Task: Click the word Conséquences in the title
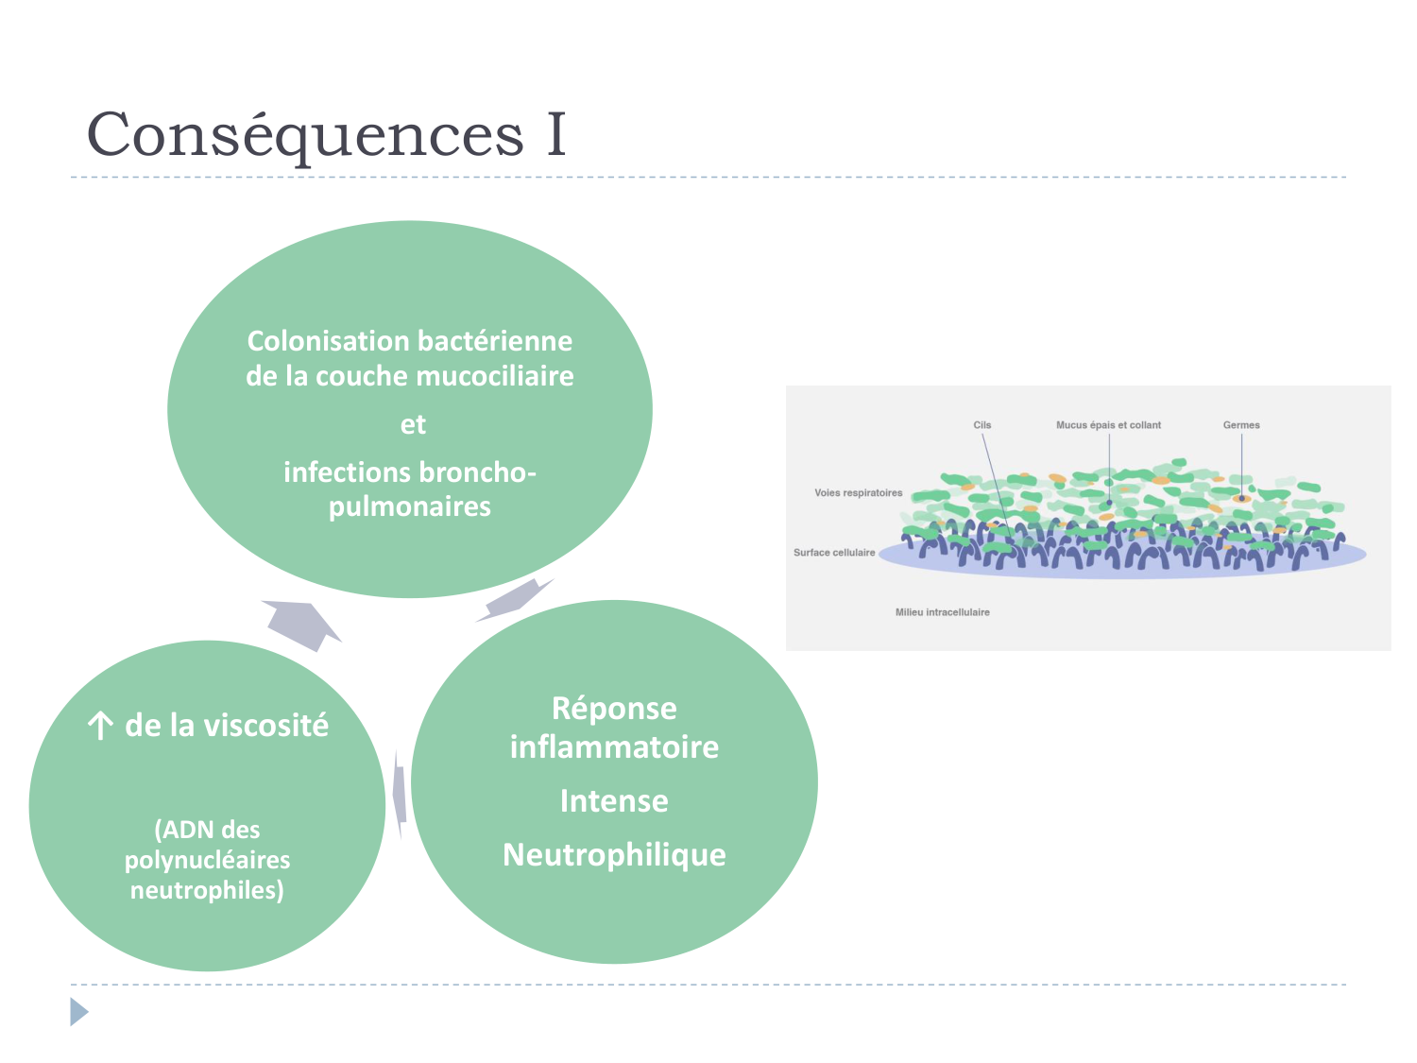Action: [304, 135]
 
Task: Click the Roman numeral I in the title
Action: [556, 135]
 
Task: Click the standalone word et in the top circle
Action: [413, 424]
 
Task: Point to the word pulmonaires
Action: [410, 506]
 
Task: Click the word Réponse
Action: [614, 708]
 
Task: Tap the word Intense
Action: [614, 801]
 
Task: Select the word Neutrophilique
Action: [614, 855]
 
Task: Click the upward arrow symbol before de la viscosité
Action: [99, 726]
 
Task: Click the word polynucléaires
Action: [207, 860]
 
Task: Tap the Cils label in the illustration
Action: [982, 425]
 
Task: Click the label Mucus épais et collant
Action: [1108, 425]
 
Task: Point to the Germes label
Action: [1241, 425]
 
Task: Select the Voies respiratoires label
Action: [858, 493]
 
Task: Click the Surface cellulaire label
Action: [834, 553]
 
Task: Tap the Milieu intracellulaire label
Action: [943, 612]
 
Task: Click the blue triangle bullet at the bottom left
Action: [78, 1012]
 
